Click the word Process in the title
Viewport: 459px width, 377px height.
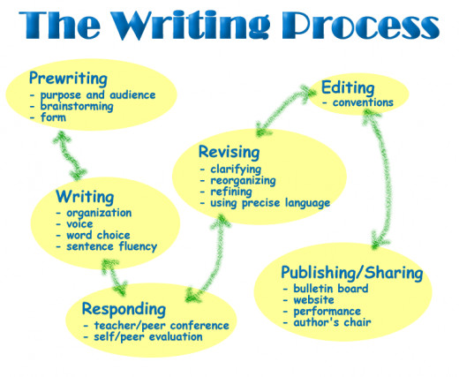pos(360,25)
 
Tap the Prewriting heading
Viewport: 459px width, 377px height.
pos(68,79)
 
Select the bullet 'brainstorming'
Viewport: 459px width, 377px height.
pos(77,106)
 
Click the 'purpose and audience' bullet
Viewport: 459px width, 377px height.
pos(98,95)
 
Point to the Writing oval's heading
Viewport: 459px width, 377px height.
pos(85,197)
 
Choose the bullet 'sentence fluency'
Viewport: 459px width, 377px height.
pos(112,246)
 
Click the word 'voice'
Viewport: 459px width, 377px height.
pos(79,224)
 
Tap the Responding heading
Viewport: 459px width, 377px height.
pos(124,309)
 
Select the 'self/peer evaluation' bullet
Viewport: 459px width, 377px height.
pos(148,337)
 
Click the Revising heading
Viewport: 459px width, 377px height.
pos(229,153)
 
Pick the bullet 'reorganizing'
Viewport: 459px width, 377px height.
pos(243,181)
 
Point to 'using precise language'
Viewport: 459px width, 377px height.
pos(270,203)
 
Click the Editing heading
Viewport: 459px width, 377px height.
pos(348,88)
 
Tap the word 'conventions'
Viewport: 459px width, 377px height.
pos(363,102)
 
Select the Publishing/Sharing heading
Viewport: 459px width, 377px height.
pos(352,273)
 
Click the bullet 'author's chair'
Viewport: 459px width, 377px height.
pos(332,322)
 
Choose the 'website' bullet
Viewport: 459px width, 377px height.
pos(313,300)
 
